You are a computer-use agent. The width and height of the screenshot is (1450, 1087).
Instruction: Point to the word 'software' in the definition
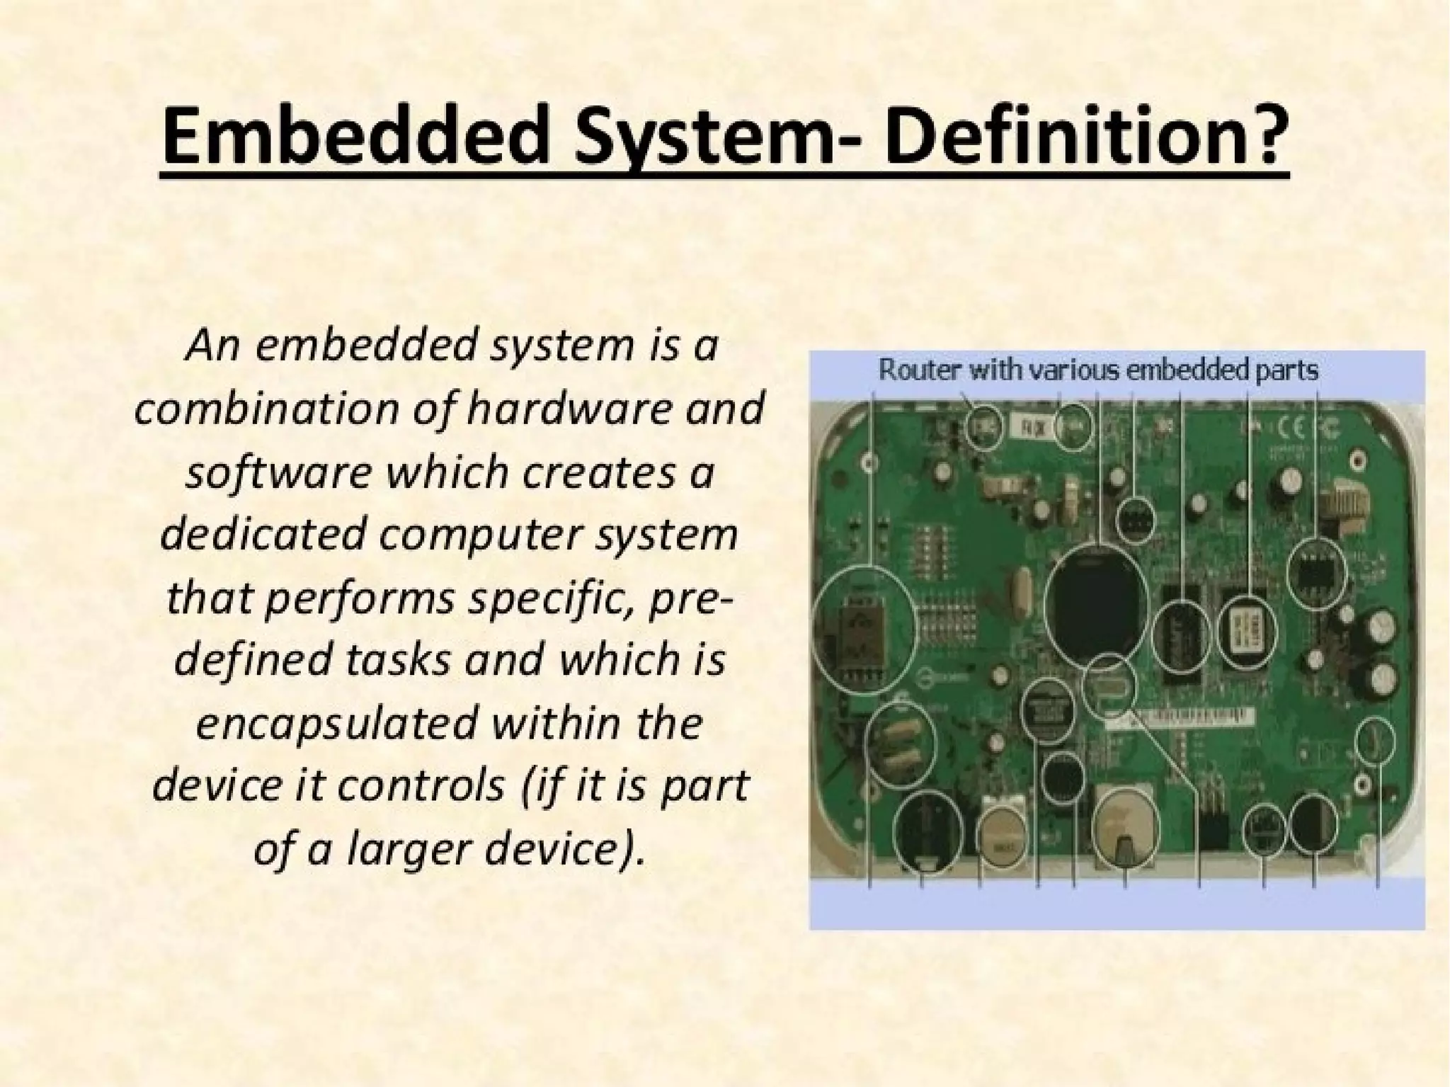[277, 472]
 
